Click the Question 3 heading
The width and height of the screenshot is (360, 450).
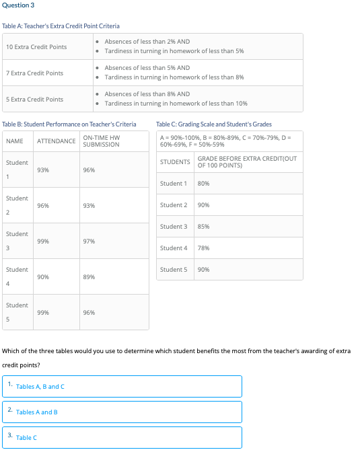(x=17, y=5)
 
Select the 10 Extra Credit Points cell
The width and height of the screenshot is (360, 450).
(x=36, y=47)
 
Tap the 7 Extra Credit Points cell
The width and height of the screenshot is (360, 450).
(x=34, y=73)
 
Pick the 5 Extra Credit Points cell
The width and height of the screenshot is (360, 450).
(x=34, y=100)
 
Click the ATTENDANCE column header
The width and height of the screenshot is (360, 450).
(x=56, y=141)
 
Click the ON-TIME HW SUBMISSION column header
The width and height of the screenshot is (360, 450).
(x=101, y=141)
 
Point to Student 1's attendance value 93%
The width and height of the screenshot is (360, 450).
(x=43, y=170)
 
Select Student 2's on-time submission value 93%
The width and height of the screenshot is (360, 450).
(x=89, y=206)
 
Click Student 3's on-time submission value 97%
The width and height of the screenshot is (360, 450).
(x=89, y=241)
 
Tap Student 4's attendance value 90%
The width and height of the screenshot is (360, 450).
(x=43, y=277)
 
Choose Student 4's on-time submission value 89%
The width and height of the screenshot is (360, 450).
(x=89, y=277)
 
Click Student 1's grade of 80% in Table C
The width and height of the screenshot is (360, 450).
(x=204, y=184)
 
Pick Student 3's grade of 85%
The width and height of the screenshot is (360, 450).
(x=204, y=227)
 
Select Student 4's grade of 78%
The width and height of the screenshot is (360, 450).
(x=204, y=248)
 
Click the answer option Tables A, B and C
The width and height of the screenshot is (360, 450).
(x=40, y=387)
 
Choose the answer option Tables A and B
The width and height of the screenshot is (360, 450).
(x=37, y=412)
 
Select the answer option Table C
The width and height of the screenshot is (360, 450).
(x=27, y=438)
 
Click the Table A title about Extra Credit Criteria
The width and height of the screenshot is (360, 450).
(x=61, y=26)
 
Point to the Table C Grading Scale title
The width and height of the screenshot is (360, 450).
(x=214, y=124)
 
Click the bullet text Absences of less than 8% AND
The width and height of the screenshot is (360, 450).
(x=147, y=94)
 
